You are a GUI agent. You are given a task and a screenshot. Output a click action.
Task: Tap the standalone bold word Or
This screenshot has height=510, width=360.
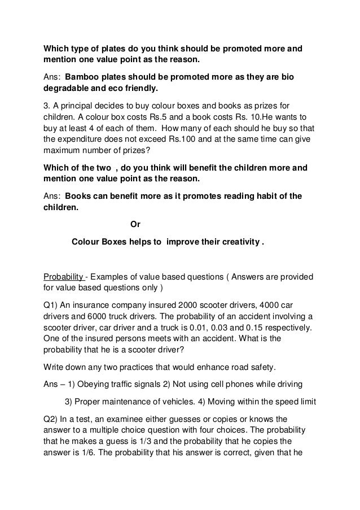(x=135, y=224)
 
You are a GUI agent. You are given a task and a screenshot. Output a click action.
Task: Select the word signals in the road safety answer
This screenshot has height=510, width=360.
(x=153, y=385)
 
